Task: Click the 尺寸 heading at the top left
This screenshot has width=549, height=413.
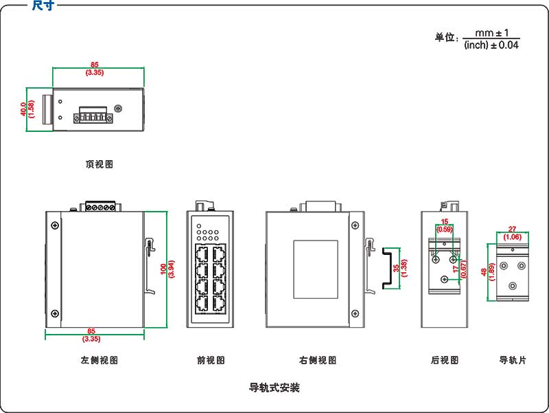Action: tap(43, 6)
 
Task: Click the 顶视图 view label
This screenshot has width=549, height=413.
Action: tap(99, 164)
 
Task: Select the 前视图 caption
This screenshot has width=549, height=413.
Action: tap(210, 360)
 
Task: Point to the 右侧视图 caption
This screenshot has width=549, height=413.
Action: tap(318, 360)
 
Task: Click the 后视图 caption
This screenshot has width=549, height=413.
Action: tap(444, 360)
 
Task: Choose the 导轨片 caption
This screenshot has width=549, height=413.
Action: tap(512, 360)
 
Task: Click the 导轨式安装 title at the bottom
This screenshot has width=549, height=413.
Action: tap(274, 388)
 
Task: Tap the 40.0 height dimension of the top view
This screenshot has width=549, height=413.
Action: tap(23, 109)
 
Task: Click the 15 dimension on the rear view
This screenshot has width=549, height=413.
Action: tap(445, 221)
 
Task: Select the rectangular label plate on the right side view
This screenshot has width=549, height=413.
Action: tap(316, 269)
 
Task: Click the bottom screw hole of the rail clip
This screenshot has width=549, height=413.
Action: tap(512, 285)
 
